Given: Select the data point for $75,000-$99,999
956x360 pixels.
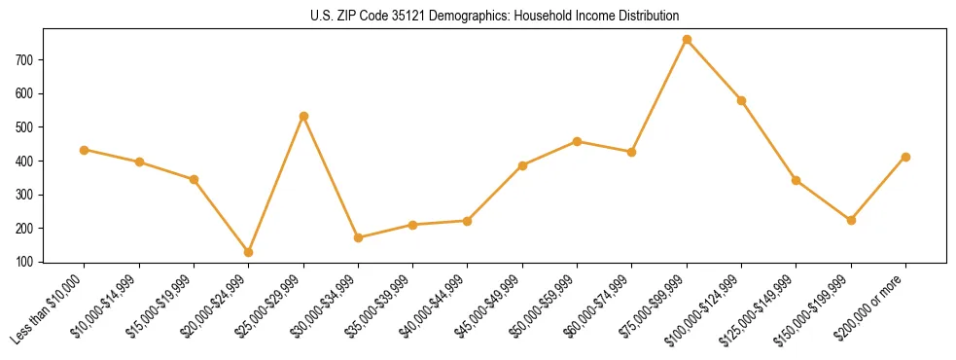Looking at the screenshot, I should pos(687,40).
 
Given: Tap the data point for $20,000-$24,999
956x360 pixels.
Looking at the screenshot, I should pos(249,252).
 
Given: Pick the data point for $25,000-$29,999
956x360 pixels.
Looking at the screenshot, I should pos(303,116).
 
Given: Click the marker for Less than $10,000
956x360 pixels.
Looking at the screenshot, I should pos(85,150).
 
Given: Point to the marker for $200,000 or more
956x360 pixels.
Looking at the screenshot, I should pos(905,157).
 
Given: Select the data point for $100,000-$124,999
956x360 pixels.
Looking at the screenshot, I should pos(741,100).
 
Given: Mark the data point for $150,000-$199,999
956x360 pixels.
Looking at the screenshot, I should pos(851,220).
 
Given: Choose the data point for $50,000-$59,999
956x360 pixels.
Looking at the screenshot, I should pos(577,141).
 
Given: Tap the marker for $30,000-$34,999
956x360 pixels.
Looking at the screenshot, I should pos(358,237).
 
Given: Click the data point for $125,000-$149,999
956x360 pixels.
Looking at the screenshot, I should pos(797,180).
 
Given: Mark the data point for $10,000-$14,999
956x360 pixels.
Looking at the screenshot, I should pos(139,162).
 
